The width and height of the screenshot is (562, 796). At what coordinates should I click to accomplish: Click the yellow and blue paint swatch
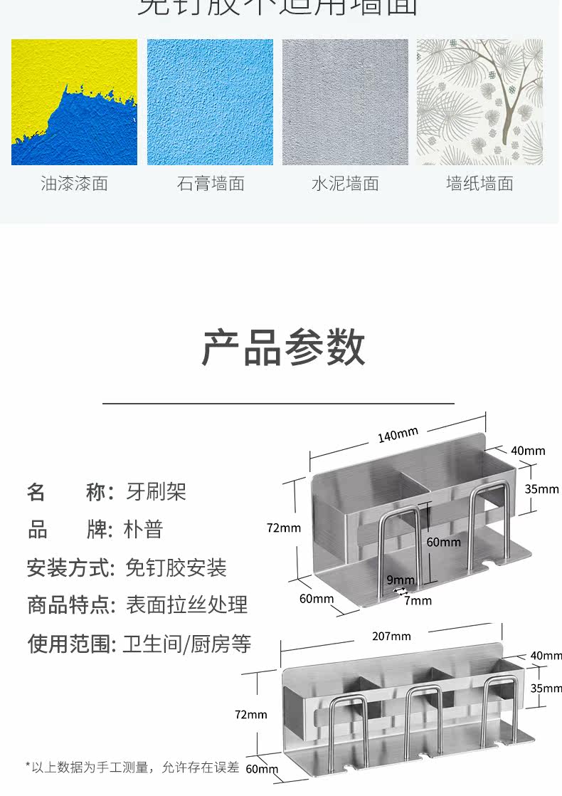74,102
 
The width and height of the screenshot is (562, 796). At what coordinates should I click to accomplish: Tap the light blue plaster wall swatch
210,102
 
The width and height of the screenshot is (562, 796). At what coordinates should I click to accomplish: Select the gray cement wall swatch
345,102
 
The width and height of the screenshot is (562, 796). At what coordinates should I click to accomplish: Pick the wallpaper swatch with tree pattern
479,102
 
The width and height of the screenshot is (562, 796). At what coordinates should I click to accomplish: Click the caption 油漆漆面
74,184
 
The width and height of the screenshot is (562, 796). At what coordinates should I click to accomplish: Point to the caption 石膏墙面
211,184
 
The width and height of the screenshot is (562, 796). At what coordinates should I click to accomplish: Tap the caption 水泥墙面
345,184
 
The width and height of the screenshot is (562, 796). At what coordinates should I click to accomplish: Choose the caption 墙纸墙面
479,184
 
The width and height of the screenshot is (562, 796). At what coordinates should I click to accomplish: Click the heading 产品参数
282,348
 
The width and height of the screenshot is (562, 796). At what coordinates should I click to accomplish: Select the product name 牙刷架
156,491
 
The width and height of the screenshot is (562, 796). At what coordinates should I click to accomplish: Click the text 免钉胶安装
176,567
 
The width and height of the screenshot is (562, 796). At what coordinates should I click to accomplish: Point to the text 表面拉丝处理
186,605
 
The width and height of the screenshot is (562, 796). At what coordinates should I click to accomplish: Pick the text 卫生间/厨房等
186,644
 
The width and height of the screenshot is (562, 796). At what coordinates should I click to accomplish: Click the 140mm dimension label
398,434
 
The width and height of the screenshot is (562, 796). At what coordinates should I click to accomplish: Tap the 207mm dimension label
391,636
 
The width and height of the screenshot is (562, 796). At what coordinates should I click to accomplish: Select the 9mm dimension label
401,580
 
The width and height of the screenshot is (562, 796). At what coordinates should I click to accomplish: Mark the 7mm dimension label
418,600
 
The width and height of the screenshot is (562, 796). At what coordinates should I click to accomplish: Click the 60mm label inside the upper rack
443,542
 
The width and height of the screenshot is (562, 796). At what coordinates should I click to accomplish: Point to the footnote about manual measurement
132,767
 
